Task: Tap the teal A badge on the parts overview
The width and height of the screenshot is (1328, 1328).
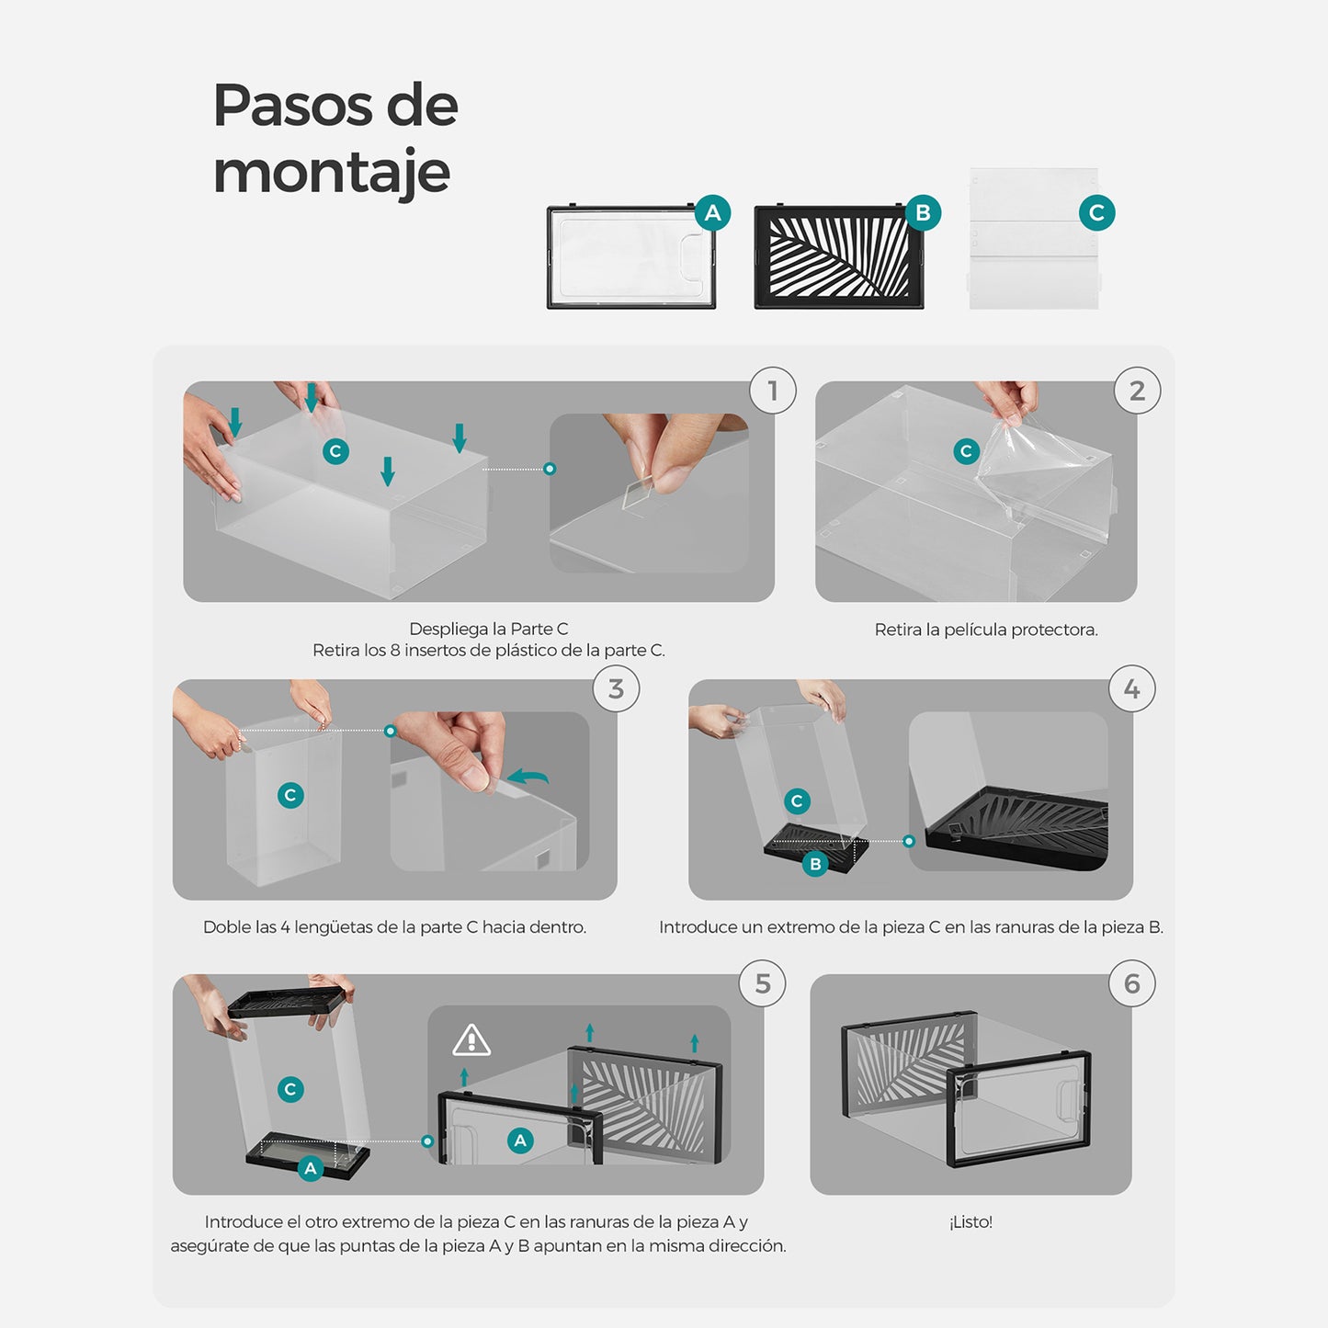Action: click(x=712, y=212)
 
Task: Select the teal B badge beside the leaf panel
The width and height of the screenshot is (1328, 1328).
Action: click(x=923, y=212)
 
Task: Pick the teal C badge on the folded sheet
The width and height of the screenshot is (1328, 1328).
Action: click(x=1096, y=212)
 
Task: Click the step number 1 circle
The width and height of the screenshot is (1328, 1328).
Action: click(x=773, y=391)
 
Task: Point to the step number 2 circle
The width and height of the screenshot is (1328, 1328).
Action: click(x=1137, y=391)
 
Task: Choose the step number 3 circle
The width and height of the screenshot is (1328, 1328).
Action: click(x=616, y=688)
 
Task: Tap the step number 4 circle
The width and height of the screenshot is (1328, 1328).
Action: click(x=1131, y=688)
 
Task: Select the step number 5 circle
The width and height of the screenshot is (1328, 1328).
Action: click(x=762, y=983)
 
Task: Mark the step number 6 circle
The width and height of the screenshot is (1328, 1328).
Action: click(x=1131, y=983)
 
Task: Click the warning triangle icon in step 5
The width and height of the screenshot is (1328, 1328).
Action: click(x=471, y=1040)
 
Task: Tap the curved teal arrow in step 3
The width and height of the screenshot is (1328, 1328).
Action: click(x=528, y=778)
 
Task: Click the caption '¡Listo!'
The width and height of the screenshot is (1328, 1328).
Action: click(x=970, y=1222)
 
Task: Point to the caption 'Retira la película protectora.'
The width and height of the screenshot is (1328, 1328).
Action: click(x=986, y=630)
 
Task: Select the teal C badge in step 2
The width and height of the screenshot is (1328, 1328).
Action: click(x=966, y=451)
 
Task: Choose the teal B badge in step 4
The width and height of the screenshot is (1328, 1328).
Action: click(x=815, y=864)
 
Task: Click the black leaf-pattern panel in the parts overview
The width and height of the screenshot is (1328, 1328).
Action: click(x=839, y=256)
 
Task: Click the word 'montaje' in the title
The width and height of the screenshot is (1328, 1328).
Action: click(x=332, y=172)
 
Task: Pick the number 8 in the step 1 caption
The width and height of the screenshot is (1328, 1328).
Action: click(x=395, y=650)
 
